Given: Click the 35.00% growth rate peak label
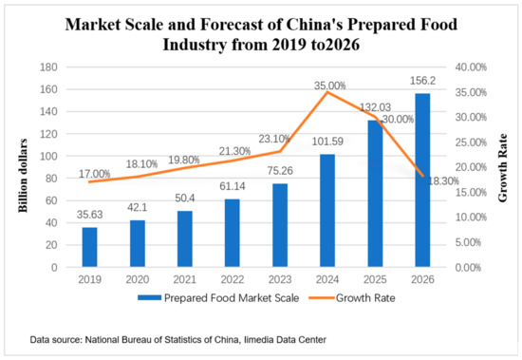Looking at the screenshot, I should (x=328, y=84).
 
